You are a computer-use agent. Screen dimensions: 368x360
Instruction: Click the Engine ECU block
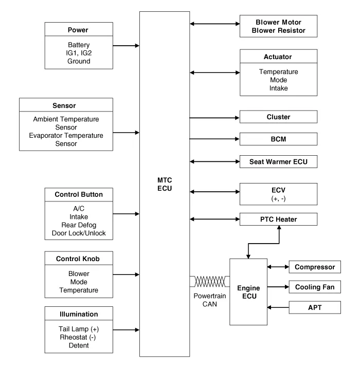pos(248,291)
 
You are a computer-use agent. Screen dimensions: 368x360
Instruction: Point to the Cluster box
pos(278,117)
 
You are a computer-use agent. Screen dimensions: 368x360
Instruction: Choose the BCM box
pos(278,139)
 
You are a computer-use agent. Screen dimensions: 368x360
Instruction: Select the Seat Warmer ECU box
pos(278,161)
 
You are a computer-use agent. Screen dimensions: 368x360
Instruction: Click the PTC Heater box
pos(278,220)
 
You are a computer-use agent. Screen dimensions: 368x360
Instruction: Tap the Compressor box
pos(314,267)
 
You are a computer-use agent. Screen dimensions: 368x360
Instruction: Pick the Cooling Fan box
pos(314,287)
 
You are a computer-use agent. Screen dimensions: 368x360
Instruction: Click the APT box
pos(314,307)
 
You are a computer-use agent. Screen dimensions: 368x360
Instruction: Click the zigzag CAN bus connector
pos(209,281)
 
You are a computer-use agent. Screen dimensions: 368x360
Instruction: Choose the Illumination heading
pos(78,314)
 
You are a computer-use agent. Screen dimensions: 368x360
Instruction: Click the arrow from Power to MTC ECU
pos(125,45)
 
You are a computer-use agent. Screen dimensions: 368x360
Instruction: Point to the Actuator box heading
pos(278,57)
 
